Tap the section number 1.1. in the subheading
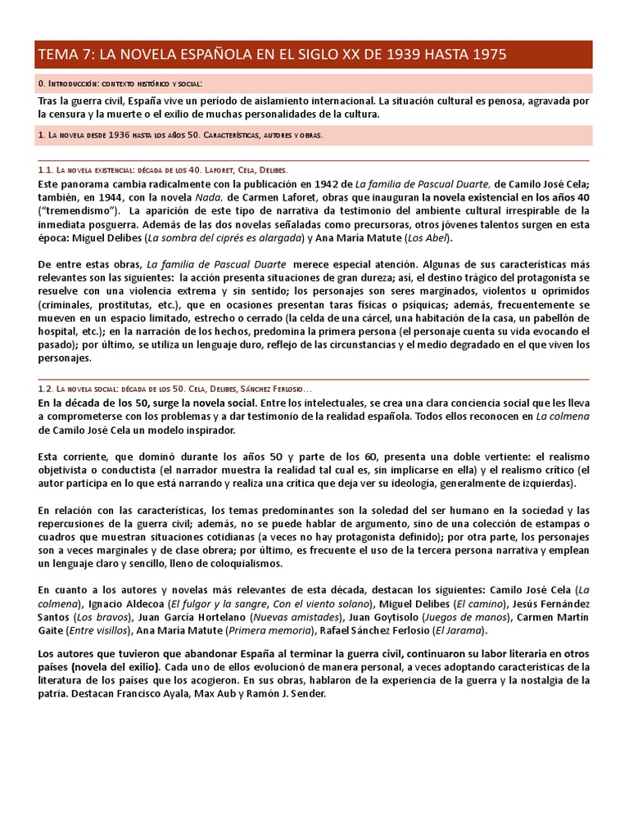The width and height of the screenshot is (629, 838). click(x=46, y=170)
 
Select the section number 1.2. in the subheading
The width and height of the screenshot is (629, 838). click(x=46, y=390)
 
